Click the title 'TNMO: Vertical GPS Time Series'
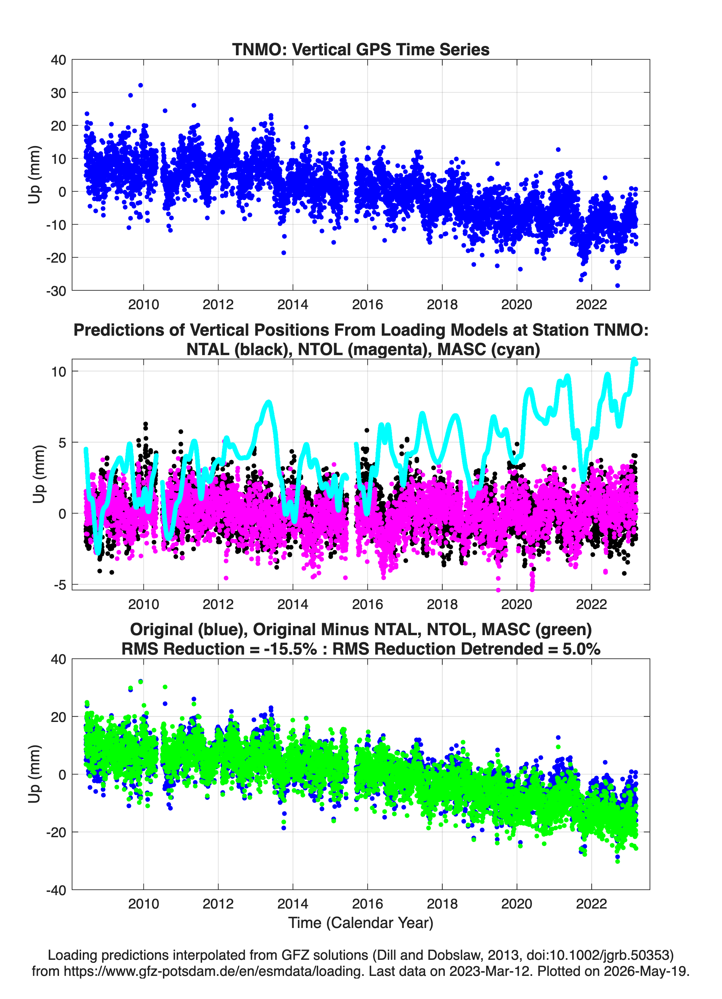[x=361, y=49]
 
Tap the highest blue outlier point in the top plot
[x=140, y=85]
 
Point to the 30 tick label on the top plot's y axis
[x=58, y=93]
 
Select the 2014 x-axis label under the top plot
[x=293, y=305]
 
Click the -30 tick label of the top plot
[x=56, y=291]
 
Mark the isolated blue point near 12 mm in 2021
[x=558, y=150]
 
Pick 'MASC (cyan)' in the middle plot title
[x=489, y=349]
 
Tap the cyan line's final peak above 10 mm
[x=634, y=360]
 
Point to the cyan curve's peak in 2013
[x=268, y=402]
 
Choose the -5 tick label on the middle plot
[x=60, y=585]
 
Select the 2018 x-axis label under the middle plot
[x=442, y=604]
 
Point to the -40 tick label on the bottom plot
[x=56, y=890]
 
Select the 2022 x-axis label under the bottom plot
[x=592, y=904]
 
